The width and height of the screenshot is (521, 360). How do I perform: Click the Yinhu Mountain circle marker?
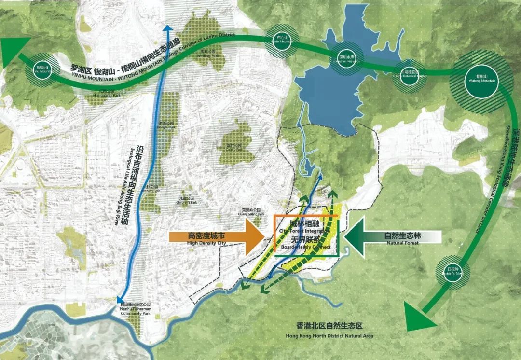[x=40, y=69]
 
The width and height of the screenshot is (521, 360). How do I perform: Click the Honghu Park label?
[x=167, y=125]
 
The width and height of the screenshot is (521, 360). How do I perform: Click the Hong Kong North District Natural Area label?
[x=329, y=331]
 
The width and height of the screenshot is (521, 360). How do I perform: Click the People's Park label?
[x=151, y=188]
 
